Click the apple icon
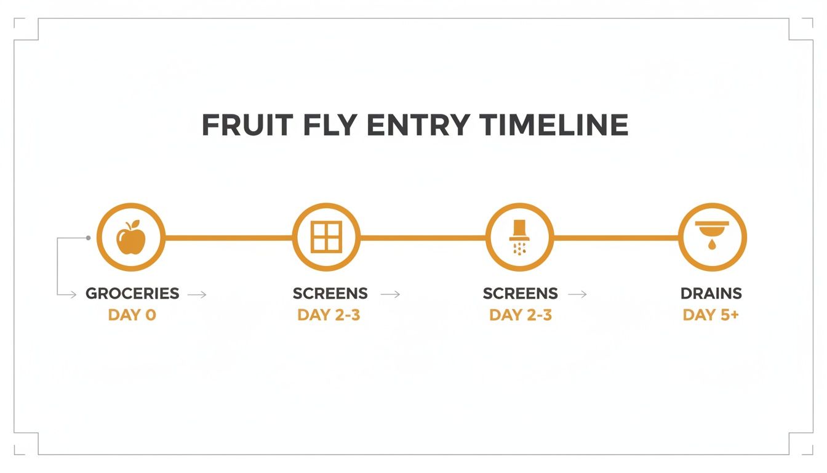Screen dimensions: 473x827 (131, 237)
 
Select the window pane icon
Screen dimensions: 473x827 (326, 237)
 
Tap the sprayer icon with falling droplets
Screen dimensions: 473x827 (520, 237)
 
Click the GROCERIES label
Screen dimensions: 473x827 (132, 293)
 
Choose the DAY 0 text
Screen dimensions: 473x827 (132, 315)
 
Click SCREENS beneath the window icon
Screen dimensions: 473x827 (330, 293)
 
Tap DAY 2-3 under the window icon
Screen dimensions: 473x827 (329, 315)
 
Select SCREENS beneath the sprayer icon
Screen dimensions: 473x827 (520, 293)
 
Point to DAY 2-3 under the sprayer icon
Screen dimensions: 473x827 (521, 315)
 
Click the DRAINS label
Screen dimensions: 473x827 (711, 293)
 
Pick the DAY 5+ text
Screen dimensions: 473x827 (711, 315)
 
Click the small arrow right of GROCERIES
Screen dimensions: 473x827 (197, 295)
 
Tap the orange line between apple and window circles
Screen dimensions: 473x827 (228, 237)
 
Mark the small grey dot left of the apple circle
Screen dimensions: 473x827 (89, 238)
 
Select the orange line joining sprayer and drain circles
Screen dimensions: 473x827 (616, 237)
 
